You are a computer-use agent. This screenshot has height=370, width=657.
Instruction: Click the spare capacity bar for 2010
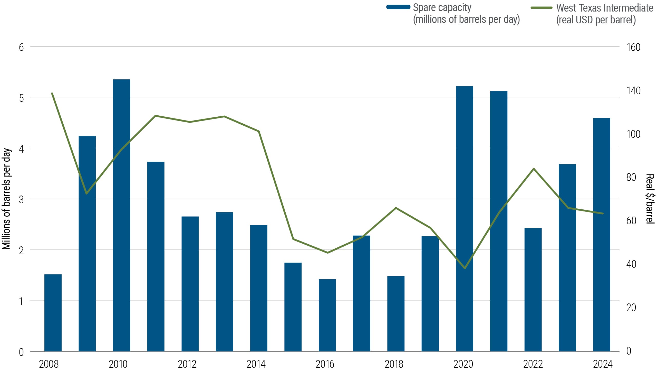pos(121,216)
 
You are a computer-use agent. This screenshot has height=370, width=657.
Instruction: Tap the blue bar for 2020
pos(464,218)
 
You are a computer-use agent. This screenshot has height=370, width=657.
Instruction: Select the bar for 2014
pos(259,288)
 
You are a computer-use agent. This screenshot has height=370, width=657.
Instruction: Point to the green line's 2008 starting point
pos(52,93)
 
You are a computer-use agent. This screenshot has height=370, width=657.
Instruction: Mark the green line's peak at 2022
pos(534,169)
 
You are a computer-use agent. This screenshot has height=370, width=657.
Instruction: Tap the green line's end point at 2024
pos(603,214)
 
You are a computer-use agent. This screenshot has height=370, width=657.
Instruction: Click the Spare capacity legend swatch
pos(398,7)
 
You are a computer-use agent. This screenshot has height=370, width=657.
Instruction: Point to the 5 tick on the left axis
pos(21,98)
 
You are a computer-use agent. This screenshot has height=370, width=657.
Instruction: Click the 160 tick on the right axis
pos(633,47)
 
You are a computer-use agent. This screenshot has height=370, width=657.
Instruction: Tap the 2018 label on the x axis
pos(394,364)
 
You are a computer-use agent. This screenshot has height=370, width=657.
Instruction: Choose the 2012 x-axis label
pos(187,364)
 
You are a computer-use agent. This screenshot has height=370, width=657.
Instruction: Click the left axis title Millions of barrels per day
pos(6,199)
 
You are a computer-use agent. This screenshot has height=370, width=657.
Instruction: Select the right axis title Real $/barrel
pos(650,199)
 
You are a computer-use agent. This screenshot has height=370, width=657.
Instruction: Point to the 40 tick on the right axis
pos(631,264)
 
